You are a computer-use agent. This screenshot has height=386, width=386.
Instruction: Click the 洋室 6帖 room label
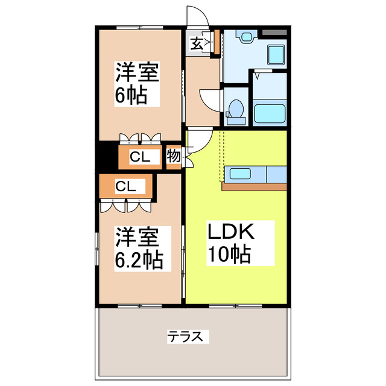[x=137, y=84]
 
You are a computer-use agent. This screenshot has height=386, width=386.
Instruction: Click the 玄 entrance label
[x=197, y=43]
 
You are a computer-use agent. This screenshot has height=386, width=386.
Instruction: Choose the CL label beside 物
[x=140, y=157]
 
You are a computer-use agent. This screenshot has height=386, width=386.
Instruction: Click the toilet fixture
[x=236, y=109]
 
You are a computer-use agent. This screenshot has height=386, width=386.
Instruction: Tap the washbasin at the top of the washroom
[x=246, y=37]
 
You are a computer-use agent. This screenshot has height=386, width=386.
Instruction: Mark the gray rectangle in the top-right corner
[x=274, y=30]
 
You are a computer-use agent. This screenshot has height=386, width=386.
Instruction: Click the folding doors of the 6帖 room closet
[x=140, y=138]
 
